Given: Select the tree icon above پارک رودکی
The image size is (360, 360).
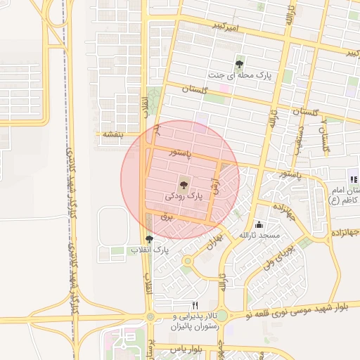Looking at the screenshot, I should tap(184, 186).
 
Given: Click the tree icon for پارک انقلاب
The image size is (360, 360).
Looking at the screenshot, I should tap(148, 239).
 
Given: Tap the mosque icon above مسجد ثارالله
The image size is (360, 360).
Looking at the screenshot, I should tap(259, 225).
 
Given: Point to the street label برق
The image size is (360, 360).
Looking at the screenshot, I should tap(167, 219).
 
